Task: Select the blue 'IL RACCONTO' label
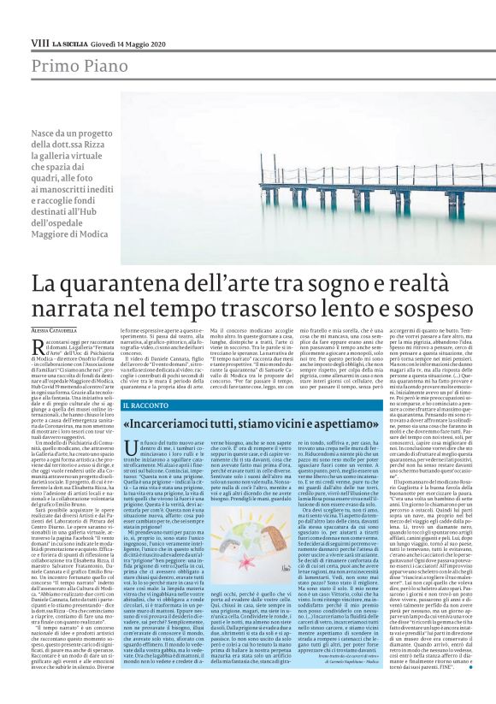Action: pos(148,404)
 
